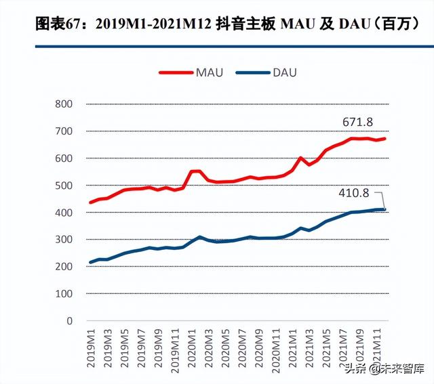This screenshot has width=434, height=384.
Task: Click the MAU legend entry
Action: pos(193,72)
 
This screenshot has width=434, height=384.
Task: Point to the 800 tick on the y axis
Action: pos(63,104)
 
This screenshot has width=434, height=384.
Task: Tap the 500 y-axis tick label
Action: pos(63,186)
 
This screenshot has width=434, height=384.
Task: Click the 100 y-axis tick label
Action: pos(63,294)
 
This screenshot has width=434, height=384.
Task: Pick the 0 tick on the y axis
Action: pos(68,321)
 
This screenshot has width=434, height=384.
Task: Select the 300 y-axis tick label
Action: pos(63,240)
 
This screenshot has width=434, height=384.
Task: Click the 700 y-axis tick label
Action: pos(63,131)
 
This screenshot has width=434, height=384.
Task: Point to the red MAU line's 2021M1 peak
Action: pos(300,158)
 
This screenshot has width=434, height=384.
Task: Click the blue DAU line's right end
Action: pos(384,209)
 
